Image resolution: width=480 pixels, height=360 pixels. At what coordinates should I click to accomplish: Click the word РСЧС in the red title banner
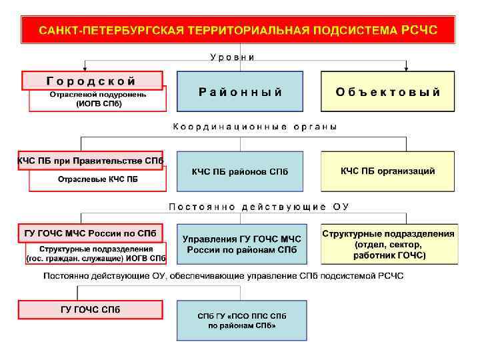(x=420, y=30)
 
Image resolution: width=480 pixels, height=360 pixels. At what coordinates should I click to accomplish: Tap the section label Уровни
(x=232, y=57)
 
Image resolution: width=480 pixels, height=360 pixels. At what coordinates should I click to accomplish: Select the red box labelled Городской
(x=92, y=81)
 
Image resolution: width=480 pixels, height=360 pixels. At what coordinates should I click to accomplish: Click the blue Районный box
(x=240, y=92)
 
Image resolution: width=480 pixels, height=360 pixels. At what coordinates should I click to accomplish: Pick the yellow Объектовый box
(x=389, y=92)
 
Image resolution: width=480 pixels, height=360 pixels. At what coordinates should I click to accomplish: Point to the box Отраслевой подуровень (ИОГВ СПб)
(x=97, y=100)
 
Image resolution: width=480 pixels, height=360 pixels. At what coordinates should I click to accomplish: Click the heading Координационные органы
(x=255, y=127)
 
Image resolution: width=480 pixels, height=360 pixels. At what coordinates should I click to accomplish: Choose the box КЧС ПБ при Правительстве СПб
(x=91, y=161)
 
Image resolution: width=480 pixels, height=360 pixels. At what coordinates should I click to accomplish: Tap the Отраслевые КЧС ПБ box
(x=97, y=179)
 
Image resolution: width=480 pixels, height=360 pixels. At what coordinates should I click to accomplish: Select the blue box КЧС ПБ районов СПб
(x=240, y=172)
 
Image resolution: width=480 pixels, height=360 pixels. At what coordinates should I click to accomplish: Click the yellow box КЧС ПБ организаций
(x=389, y=171)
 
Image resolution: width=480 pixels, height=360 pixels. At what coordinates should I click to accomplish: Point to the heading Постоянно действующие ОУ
(x=259, y=207)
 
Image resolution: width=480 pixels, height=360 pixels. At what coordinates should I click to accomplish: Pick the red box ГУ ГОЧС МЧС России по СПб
(x=91, y=233)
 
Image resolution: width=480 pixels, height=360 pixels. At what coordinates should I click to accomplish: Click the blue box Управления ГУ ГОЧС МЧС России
(x=241, y=245)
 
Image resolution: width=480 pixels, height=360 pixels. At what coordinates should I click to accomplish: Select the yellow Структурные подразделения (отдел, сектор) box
(x=389, y=245)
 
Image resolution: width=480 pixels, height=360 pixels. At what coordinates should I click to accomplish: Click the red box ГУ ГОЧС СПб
(x=91, y=309)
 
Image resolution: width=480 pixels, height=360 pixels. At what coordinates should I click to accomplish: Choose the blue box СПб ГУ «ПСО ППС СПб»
(x=241, y=321)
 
